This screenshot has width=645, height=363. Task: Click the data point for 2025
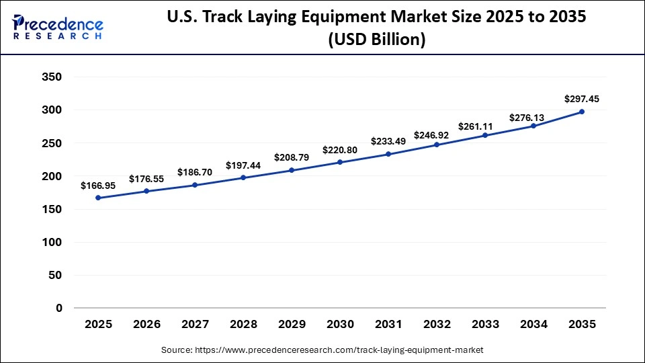point(98,198)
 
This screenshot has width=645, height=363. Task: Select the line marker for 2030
point(340,162)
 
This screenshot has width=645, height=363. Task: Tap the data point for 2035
point(582,112)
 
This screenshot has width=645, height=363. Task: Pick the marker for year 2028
point(243,177)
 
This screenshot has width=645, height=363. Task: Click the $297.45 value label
point(582,99)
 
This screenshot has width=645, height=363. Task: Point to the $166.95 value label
point(98,185)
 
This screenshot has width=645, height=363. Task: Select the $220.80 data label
point(340,149)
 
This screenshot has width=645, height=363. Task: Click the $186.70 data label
point(195,172)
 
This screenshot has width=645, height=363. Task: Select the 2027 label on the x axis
point(195,325)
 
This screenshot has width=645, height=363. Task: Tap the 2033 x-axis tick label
point(485,325)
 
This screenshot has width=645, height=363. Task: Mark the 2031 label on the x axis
point(388,325)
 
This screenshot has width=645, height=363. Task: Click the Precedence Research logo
point(58,27)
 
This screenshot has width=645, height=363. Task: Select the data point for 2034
point(533,126)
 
